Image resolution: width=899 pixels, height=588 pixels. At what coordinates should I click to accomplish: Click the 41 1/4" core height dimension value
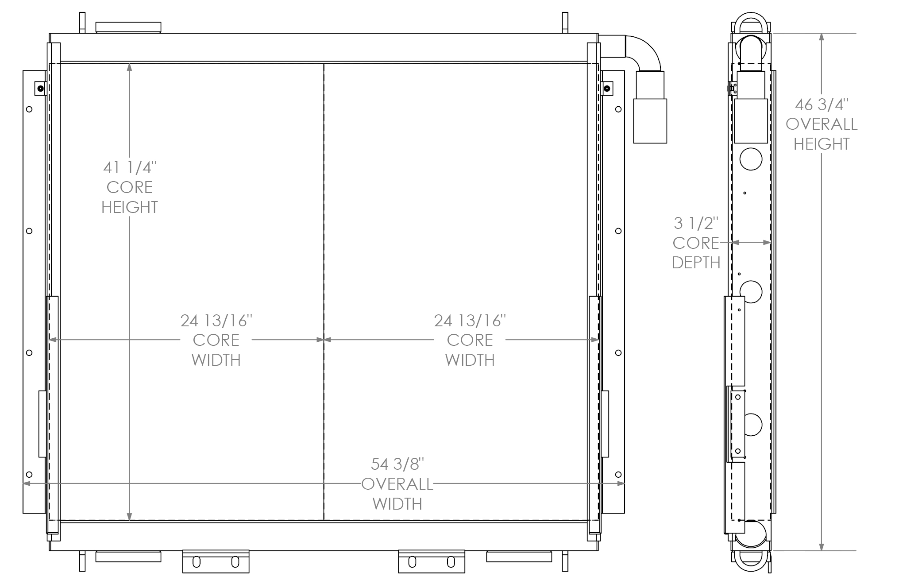pyautogui.click(x=130, y=167)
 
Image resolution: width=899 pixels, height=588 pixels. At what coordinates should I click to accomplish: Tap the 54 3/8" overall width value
pyautogui.click(x=397, y=464)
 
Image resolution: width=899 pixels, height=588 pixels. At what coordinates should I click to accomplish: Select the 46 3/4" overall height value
pyautogui.click(x=822, y=104)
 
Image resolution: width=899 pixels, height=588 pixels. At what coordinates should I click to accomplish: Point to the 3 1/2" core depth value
pyautogui.click(x=696, y=223)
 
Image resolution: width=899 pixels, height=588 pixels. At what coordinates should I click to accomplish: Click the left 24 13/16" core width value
pyautogui.click(x=216, y=321)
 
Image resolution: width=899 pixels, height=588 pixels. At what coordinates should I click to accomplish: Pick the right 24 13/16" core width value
pyautogui.click(x=470, y=321)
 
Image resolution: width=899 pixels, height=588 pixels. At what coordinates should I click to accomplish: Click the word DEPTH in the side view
pyautogui.click(x=696, y=263)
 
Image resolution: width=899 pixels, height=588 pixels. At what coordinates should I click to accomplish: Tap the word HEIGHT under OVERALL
pyautogui.click(x=822, y=144)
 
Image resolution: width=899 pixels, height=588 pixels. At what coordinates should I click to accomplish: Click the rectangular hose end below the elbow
pyautogui.click(x=650, y=121)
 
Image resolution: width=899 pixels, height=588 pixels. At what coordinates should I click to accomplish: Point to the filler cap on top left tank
pyautogui.click(x=128, y=27)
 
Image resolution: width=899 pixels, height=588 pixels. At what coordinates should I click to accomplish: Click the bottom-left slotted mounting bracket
pyautogui.click(x=216, y=561)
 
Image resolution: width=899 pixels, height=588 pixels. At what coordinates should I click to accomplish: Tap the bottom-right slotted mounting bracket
pyautogui.click(x=432, y=561)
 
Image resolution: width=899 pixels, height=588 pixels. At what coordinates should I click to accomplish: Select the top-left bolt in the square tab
pyautogui.click(x=41, y=88)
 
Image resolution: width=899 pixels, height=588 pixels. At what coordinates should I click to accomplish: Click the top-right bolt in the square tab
pyautogui.click(x=607, y=89)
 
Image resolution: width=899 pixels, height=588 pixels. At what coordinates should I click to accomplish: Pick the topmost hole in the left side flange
pyautogui.click(x=29, y=109)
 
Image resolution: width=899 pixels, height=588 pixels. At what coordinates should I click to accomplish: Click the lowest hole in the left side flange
pyautogui.click(x=29, y=474)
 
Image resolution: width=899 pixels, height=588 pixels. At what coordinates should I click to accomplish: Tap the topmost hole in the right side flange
pyautogui.click(x=618, y=109)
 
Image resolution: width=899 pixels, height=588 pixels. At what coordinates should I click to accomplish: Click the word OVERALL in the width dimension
pyautogui.click(x=397, y=484)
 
